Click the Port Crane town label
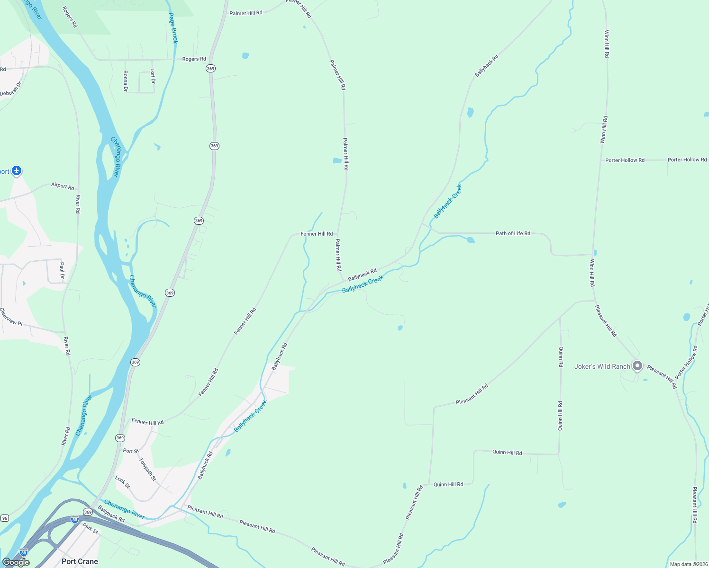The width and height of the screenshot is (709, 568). (80, 561)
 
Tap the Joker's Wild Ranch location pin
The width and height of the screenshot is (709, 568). (637, 366)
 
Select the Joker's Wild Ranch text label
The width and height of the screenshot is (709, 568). (602, 366)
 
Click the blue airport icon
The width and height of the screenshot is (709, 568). (17, 170)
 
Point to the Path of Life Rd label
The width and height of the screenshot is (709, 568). (513, 233)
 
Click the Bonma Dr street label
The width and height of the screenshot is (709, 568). (126, 81)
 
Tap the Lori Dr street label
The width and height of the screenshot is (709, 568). (153, 76)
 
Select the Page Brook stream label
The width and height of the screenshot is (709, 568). (173, 28)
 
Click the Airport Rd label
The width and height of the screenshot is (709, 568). (63, 186)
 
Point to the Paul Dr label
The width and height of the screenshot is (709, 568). (62, 270)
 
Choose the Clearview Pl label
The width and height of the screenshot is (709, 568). (11, 317)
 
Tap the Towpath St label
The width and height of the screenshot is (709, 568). (147, 469)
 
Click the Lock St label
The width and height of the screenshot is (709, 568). (122, 482)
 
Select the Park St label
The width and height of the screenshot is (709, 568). (90, 528)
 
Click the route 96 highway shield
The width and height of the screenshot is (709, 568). (5, 518)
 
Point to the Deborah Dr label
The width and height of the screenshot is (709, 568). (11, 89)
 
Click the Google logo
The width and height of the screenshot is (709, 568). (16, 562)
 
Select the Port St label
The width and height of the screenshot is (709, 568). (131, 451)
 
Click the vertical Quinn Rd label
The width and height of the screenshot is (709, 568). (561, 357)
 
